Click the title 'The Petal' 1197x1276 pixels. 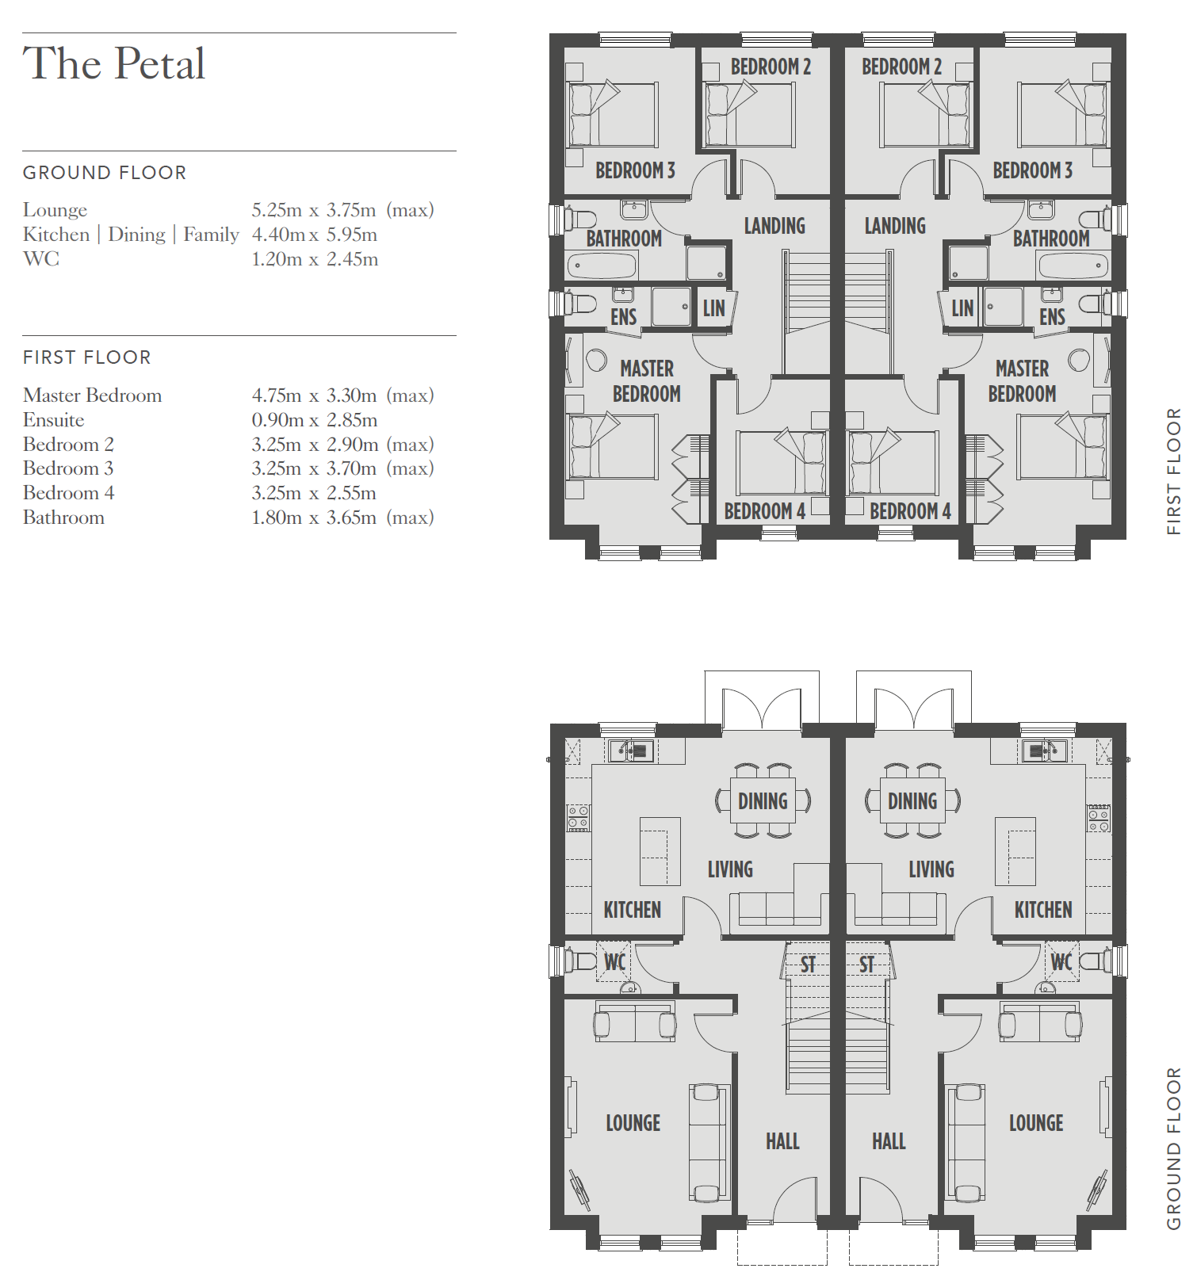(x=114, y=63)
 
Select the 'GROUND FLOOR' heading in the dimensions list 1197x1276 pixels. (x=105, y=173)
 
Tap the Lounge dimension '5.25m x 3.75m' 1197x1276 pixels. (x=314, y=210)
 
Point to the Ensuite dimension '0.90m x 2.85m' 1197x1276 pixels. (x=315, y=420)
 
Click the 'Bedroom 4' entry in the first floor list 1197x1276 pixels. (x=69, y=493)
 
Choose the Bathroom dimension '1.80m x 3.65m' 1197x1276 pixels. (x=314, y=518)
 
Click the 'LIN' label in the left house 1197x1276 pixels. (x=713, y=308)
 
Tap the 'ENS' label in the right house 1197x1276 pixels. (x=1052, y=317)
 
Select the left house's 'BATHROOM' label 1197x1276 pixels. (x=624, y=239)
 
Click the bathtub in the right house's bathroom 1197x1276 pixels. (x=1073, y=266)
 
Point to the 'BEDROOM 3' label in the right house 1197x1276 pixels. (x=1032, y=170)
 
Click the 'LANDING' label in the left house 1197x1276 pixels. (x=774, y=226)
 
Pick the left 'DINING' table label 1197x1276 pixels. (x=763, y=801)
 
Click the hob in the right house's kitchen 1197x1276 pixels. (x=1099, y=818)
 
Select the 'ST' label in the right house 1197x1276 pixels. (x=866, y=965)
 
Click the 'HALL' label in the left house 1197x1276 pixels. (x=782, y=1141)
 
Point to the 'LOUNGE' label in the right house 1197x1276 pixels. (x=1036, y=1123)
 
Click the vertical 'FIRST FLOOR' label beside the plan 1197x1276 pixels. (x=1174, y=472)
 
